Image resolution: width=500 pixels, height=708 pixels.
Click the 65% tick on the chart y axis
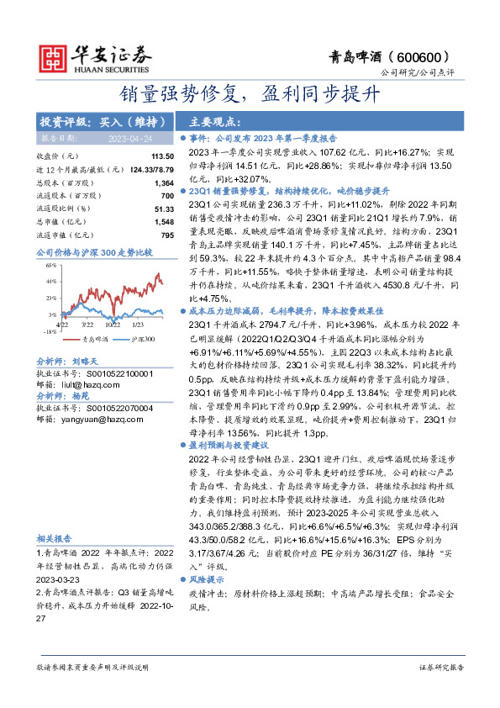click(x=51, y=264)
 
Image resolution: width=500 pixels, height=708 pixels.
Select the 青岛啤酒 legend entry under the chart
click(x=71, y=339)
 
